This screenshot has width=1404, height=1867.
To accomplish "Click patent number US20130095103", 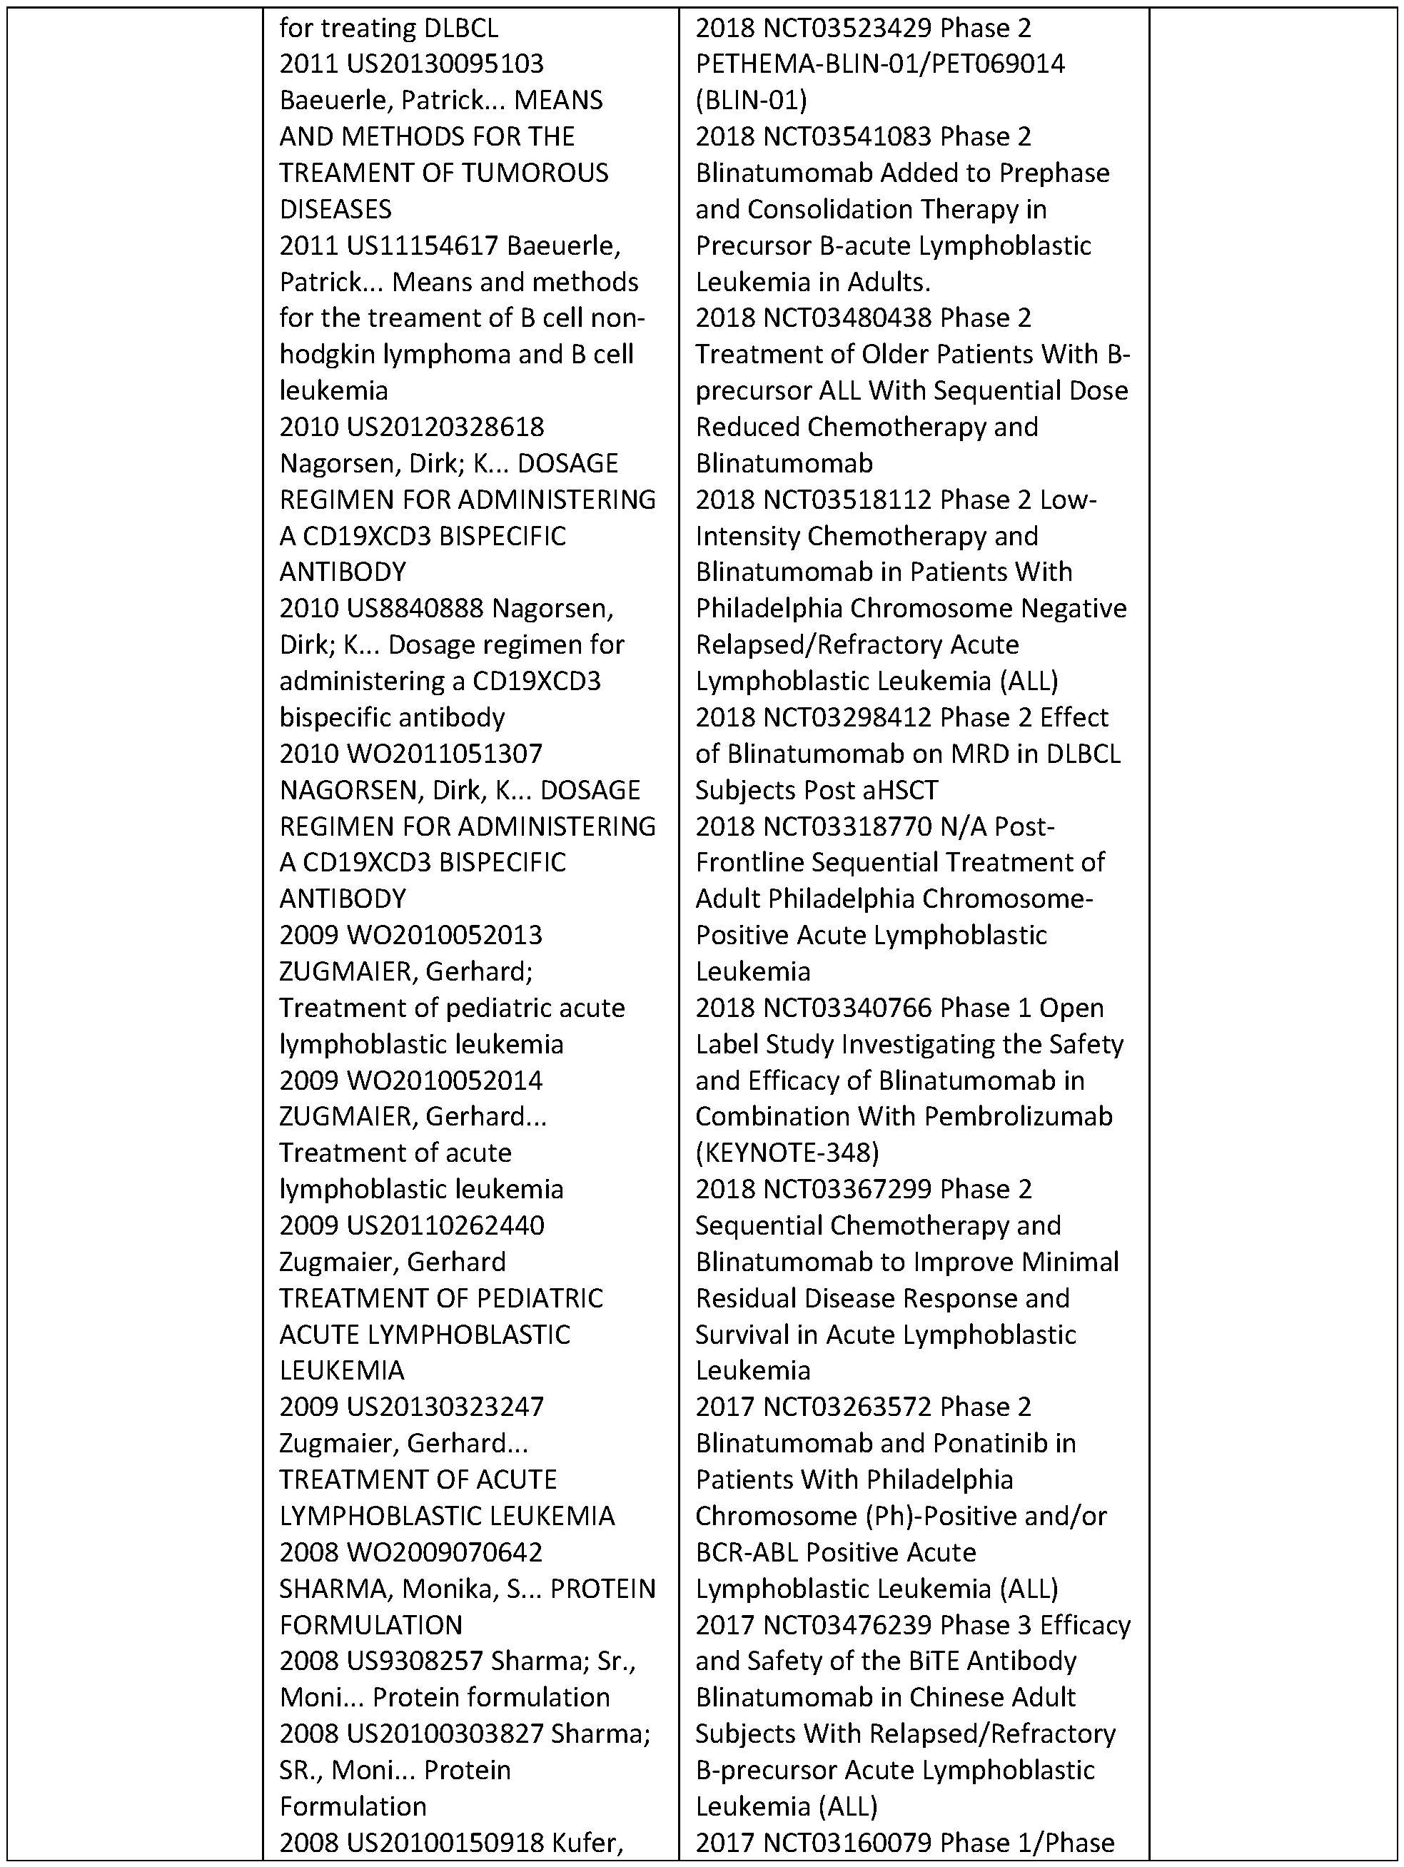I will click(445, 64).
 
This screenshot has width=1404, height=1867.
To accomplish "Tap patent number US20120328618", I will click(445, 427).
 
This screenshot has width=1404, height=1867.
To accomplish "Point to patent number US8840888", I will click(415, 609).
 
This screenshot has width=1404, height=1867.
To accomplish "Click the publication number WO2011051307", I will click(444, 754).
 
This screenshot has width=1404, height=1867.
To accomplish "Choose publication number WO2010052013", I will click(444, 935).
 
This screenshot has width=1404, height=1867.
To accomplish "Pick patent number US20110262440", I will click(445, 1225).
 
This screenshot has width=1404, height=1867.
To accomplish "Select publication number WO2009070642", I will click(444, 1552).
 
